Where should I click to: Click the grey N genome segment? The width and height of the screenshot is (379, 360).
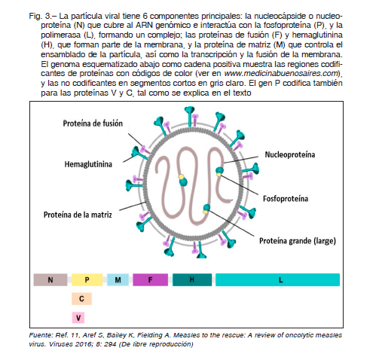click(x=50, y=279)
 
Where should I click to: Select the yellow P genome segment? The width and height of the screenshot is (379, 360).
click(x=87, y=279)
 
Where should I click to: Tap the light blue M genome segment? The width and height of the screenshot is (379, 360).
click(x=118, y=279)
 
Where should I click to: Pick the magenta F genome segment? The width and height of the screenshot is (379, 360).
click(x=150, y=279)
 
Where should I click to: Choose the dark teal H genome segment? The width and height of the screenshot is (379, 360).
click(x=192, y=279)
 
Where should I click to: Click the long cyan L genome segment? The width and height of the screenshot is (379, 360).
click(x=277, y=279)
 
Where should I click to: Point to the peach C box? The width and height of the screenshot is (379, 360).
click(x=81, y=299)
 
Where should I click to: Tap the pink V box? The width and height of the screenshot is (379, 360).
click(x=78, y=318)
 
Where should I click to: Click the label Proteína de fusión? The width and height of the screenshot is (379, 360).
click(x=93, y=124)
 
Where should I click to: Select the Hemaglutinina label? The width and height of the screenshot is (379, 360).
click(x=88, y=164)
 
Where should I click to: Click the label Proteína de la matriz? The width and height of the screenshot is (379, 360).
click(x=78, y=215)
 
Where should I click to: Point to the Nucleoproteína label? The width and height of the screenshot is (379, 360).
click(x=290, y=154)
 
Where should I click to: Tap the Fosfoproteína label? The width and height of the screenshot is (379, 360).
click(x=286, y=199)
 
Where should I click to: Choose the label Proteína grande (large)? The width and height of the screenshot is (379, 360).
click(x=298, y=241)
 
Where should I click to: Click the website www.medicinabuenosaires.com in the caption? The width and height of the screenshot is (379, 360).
click(x=281, y=73)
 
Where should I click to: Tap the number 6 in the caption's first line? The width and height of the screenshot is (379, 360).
click(x=145, y=16)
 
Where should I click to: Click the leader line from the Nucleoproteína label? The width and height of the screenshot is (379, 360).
click(x=240, y=160)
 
